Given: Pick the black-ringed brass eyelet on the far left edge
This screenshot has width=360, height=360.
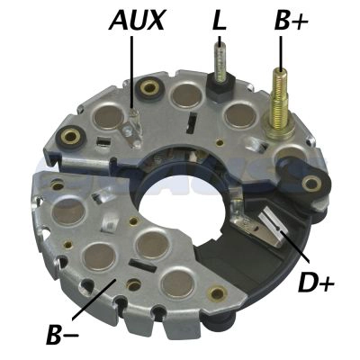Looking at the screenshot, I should (67, 138).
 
